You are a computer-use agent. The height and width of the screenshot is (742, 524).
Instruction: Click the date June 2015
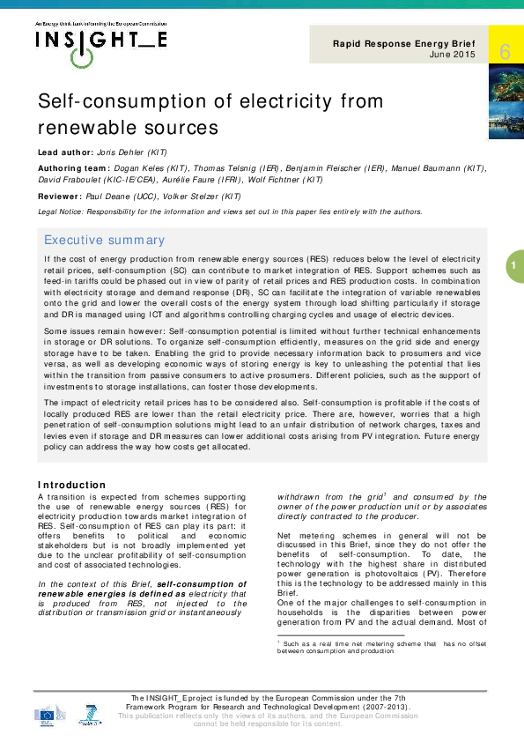pyautogui.click(x=454, y=55)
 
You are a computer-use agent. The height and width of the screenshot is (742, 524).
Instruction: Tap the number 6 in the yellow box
pyautogui.click(x=505, y=52)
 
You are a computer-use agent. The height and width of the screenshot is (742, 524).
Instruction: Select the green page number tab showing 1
pyautogui.click(x=513, y=265)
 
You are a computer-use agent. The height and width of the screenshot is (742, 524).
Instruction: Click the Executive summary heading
pyautogui.click(x=104, y=240)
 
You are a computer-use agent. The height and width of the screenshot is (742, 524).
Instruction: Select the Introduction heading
pyautogui.click(x=71, y=485)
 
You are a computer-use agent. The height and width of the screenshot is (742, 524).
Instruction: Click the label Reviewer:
pyautogui.click(x=59, y=197)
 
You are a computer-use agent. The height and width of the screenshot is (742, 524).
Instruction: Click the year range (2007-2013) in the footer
pyautogui.click(x=380, y=707)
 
